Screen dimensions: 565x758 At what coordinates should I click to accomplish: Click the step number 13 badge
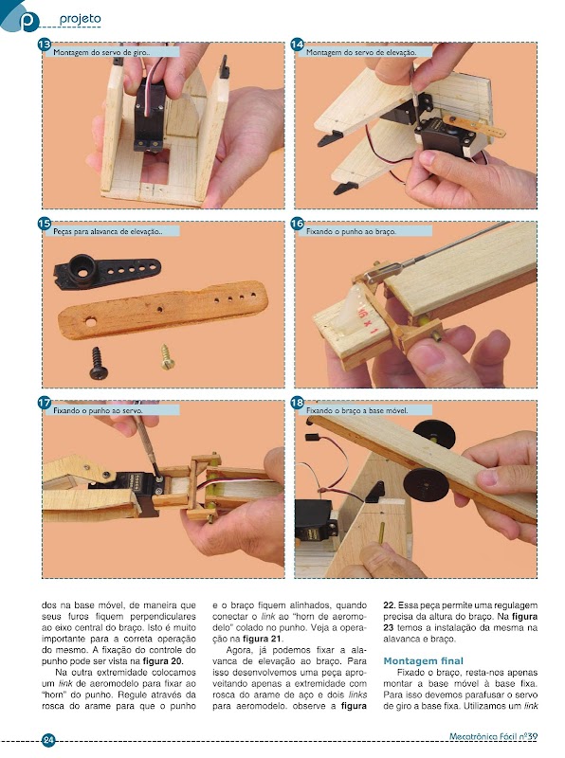44,45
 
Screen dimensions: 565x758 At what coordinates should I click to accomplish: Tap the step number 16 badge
297,224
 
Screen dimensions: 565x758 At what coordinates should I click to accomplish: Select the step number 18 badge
297,403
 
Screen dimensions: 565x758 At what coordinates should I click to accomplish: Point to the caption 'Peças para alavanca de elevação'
108,231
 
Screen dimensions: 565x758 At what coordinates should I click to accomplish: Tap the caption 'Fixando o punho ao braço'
351,231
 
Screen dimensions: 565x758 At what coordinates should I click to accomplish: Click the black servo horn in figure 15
107,272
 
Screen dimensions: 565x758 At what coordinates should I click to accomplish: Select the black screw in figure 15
99,363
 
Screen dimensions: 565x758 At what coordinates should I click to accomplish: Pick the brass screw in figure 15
168,357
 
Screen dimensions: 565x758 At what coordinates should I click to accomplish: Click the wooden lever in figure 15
162,310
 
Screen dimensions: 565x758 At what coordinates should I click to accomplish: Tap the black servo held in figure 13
149,116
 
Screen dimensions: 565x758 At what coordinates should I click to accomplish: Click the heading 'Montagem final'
423,660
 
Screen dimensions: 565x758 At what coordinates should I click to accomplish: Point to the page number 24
48,740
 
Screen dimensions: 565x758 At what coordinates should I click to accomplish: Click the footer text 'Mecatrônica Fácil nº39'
493,737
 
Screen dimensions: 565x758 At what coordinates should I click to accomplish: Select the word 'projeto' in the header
81,19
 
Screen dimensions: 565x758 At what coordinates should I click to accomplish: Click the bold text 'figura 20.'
163,661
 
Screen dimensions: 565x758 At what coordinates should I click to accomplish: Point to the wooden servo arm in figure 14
474,126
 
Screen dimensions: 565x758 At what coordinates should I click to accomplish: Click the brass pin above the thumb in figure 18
381,533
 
